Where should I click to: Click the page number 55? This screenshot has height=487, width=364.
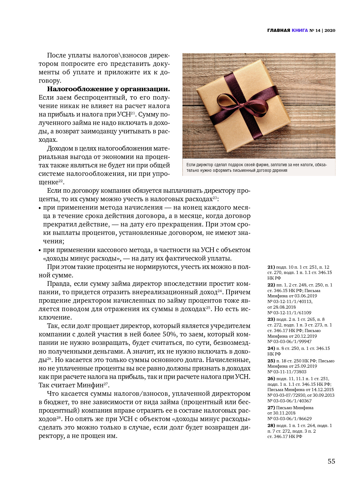[x=331, y=461]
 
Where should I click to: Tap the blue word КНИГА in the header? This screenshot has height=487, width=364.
[x=300, y=30]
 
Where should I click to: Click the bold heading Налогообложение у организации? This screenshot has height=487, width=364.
[x=108, y=89]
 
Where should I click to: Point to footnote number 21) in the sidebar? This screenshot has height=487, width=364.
[x=271, y=267]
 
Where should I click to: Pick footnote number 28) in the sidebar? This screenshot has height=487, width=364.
[x=271, y=425]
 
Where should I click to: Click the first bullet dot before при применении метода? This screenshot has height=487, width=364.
[x=40, y=208]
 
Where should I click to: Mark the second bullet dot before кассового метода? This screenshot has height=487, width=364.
[x=40, y=251]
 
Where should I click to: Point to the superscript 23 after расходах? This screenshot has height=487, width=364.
[x=215, y=197]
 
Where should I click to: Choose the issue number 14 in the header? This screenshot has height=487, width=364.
[x=318, y=30]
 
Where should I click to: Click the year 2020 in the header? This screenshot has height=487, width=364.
[x=330, y=30]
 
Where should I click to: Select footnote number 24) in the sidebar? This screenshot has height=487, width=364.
[x=271, y=348]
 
